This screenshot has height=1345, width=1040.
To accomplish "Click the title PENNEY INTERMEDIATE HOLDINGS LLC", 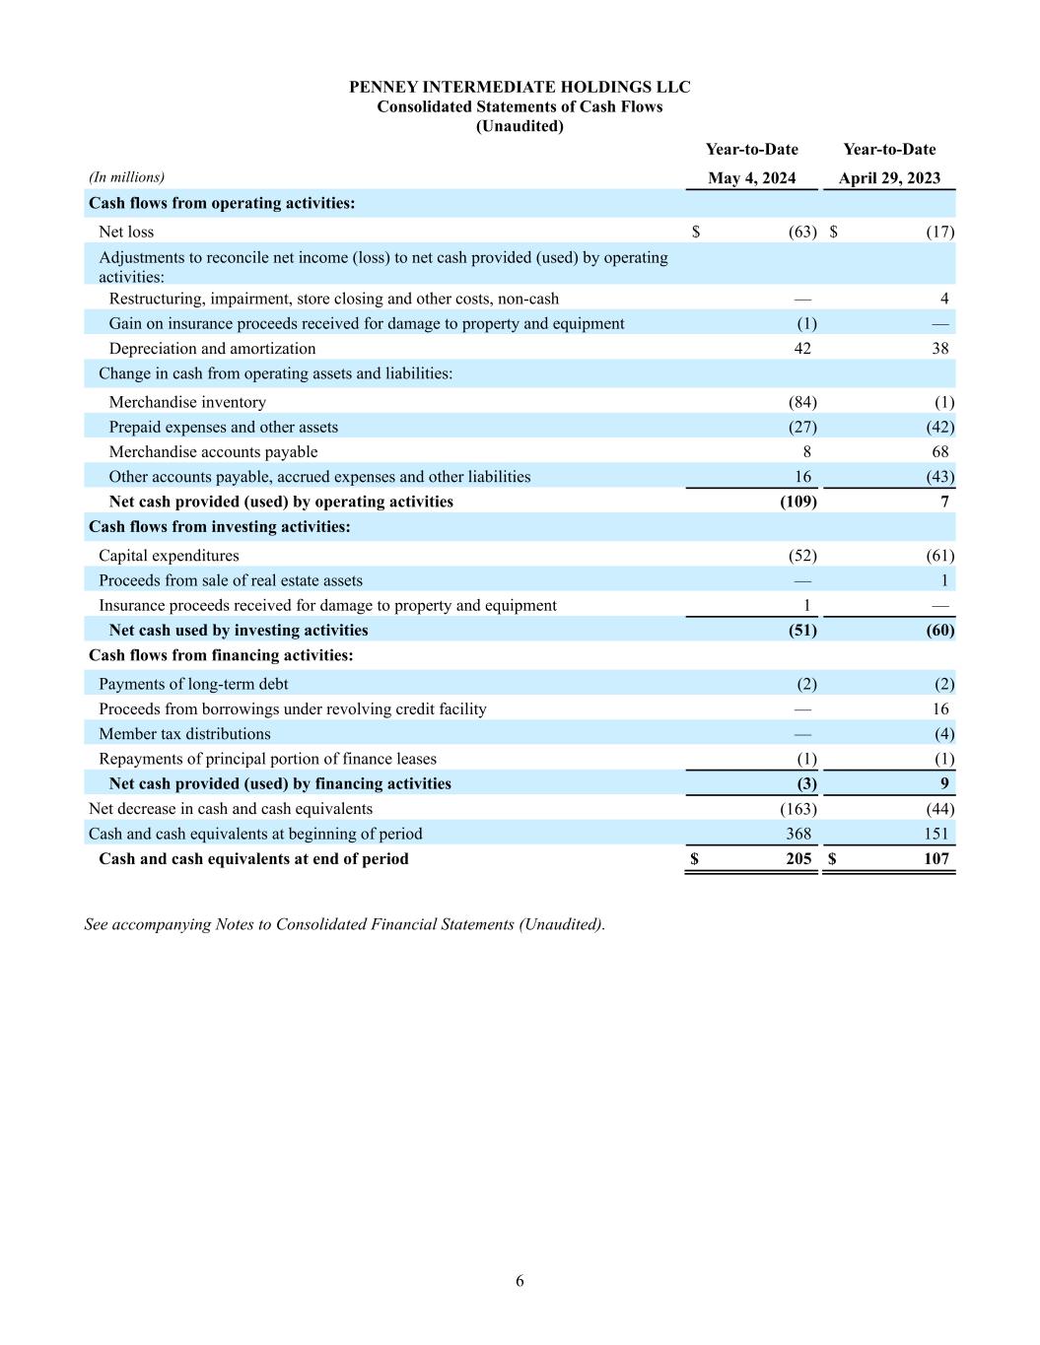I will point(520,87).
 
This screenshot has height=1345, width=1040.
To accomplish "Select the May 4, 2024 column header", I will point(751,178).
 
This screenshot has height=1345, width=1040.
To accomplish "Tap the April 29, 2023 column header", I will point(889,178).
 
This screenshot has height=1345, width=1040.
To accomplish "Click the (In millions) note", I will point(126,177).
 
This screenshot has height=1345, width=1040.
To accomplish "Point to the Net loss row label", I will point(126,232).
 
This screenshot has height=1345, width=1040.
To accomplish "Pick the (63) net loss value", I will point(802,232).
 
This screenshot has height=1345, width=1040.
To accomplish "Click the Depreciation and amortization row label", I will point(212,348).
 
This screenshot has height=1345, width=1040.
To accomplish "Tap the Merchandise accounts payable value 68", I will point(940,451).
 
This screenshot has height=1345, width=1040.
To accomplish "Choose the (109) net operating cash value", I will point(797,502).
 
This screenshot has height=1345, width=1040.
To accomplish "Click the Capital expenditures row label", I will point(169,556).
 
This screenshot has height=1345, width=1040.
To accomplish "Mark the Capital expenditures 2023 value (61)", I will point(940,556).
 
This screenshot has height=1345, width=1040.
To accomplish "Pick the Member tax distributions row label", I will point(184,734).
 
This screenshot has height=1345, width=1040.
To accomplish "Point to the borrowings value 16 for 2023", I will point(940,709).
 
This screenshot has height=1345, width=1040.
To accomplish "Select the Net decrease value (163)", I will point(797,809).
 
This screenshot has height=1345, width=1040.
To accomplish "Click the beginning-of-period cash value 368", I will point(798,834).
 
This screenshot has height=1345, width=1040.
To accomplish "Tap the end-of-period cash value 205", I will point(798,859).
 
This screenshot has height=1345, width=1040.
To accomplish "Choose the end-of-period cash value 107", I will point(936,859).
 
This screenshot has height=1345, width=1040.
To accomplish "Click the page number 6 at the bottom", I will point(520,1281).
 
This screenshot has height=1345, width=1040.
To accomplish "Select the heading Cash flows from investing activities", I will point(219,527).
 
